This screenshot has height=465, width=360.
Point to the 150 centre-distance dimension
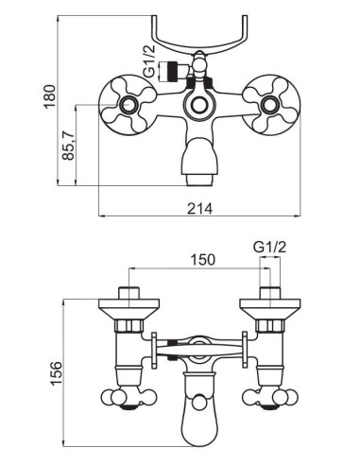tap(202, 259)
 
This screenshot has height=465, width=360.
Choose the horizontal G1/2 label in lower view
tap(269, 250)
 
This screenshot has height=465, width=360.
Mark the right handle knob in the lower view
tap(270, 397)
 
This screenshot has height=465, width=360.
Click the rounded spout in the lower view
tap(199, 406)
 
